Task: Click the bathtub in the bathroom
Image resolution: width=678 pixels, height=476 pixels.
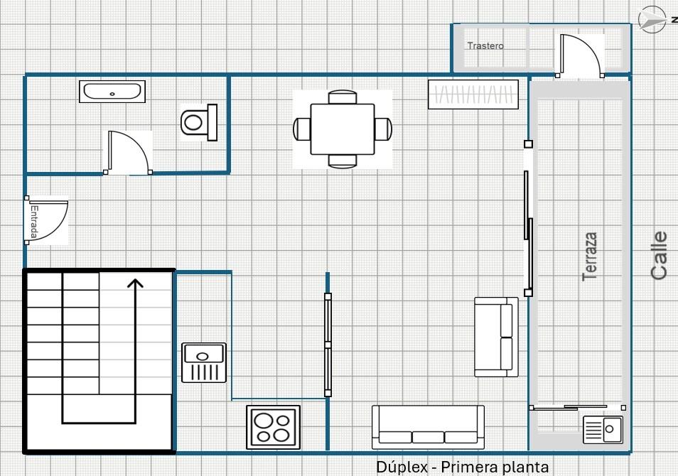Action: pos(112,91)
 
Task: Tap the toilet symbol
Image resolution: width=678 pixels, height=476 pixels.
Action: pos(199,122)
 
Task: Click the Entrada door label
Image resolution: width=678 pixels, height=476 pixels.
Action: pos(34,222)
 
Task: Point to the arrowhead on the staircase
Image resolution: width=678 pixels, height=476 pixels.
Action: pos(135,283)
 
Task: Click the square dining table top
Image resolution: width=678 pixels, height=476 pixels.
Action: pos(343,129)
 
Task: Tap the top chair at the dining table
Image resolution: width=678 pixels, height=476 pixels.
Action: pos(343,97)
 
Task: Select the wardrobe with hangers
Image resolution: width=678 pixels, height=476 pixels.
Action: pos(473,94)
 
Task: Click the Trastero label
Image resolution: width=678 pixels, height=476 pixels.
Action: pos(485,46)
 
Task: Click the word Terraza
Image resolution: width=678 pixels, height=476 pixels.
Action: pos(590,256)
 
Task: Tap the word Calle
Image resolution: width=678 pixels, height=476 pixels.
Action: pos(659,255)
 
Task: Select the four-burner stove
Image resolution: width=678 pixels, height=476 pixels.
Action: pos(274,427)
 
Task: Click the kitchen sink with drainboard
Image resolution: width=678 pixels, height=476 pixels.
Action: pos(204,363)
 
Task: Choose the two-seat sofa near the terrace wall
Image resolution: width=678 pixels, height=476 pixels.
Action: pos(496,337)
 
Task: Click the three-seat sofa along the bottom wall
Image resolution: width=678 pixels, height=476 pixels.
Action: pos(428,427)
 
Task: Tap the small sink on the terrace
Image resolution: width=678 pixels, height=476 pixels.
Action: pos(603,430)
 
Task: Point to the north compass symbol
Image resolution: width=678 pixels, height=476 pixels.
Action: pos(652,19)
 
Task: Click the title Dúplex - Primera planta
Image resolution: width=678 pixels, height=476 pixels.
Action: pos(462,467)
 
